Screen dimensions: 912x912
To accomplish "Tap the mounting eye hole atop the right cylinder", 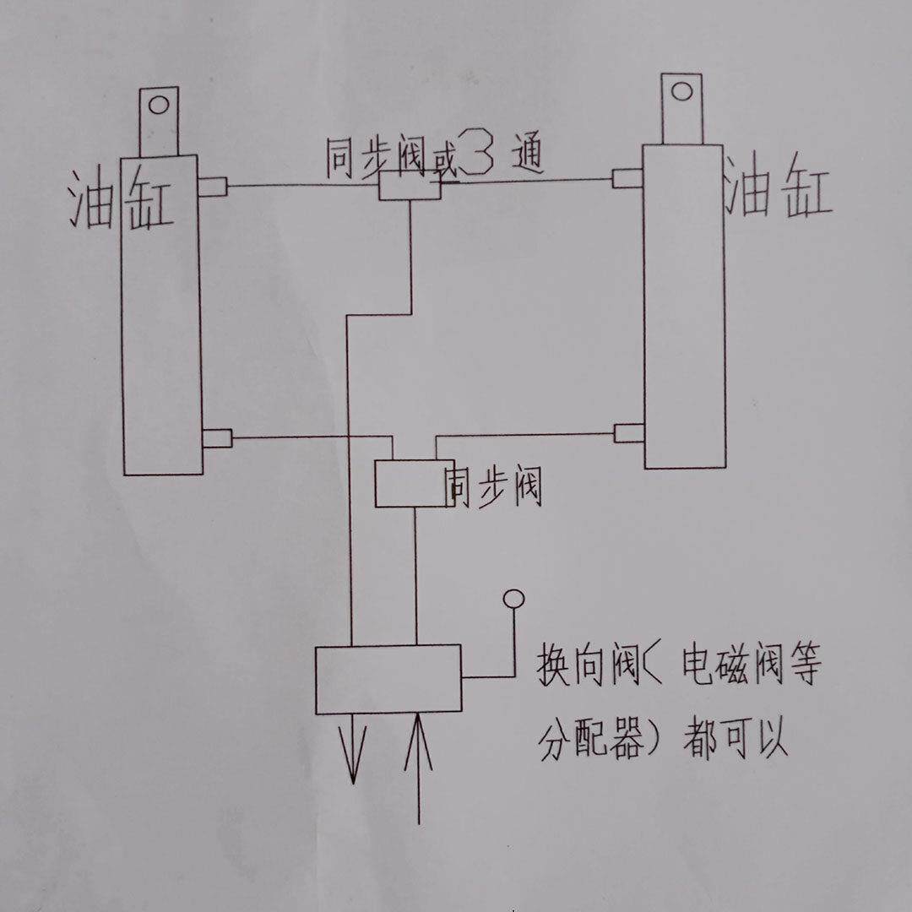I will pyautogui.click(x=682, y=90).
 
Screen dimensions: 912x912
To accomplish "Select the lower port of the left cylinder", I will pyautogui.click(x=217, y=438).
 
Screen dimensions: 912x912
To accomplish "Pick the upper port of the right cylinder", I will pyautogui.click(x=628, y=178).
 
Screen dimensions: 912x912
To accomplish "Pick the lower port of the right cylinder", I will pyautogui.click(x=629, y=433).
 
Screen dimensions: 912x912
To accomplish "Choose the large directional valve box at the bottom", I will pyautogui.click(x=388, y=679).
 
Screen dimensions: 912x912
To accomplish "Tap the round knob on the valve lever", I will pyautogui.click(x=513, y=599).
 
